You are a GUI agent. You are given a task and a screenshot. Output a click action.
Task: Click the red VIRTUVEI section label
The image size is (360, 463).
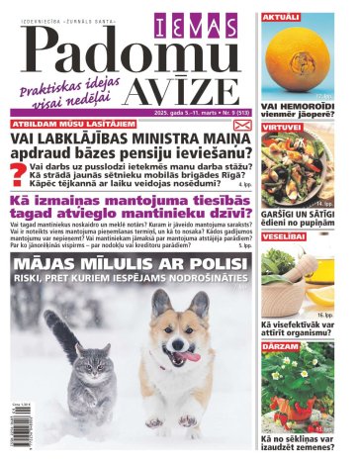point(282,129)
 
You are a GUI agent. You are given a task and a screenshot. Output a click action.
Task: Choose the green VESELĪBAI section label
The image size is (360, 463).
point(284,237)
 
